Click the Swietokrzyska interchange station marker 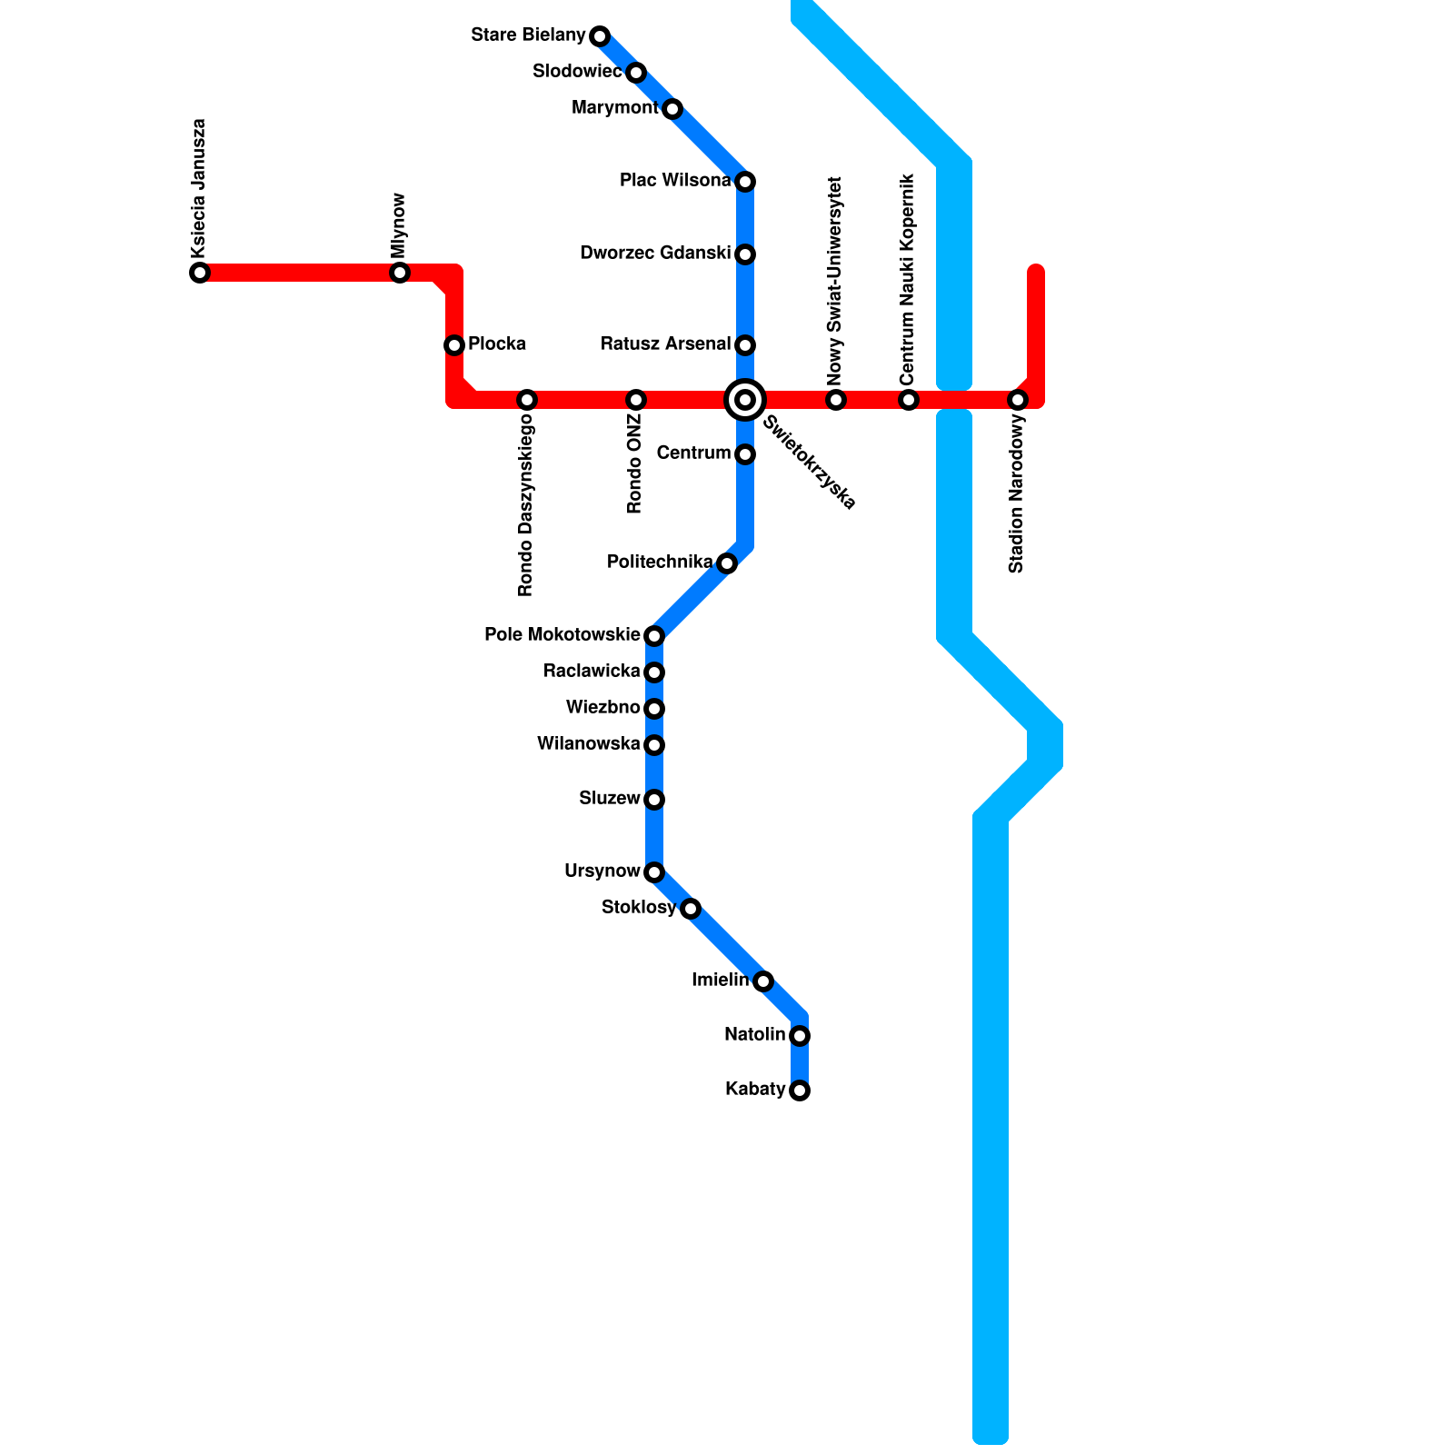[745, 400]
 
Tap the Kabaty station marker [800, 1090]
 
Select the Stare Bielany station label [528, 35]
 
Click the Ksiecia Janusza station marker [200, 273]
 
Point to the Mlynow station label [399, 224]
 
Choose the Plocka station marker [454, 345]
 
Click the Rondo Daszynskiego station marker [527, 400]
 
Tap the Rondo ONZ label [635, 464]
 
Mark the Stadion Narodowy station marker [1018, 400]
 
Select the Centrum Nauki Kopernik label [908, 280]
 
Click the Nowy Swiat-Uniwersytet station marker [836, 400]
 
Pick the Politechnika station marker [727, 563]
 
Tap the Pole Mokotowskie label [563, 634]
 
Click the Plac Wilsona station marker [745, 182]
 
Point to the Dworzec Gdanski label [655, 253]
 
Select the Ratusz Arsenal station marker [745, 345]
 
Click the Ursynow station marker [654, 872]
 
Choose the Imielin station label [720, 980]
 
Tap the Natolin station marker [800, 1036]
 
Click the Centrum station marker [745, 454]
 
